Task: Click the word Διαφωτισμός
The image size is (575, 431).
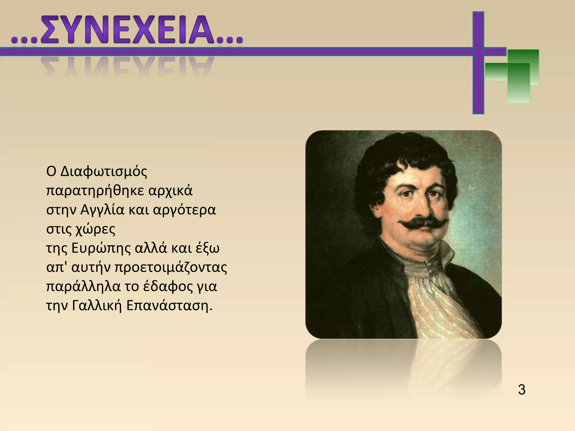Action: pos(104,172)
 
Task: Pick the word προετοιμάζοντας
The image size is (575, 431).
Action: pos(171,268)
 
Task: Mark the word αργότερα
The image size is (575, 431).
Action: pos(184,210)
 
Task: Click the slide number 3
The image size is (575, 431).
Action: pos(522,390)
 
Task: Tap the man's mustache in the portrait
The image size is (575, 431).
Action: pos(422,223)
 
